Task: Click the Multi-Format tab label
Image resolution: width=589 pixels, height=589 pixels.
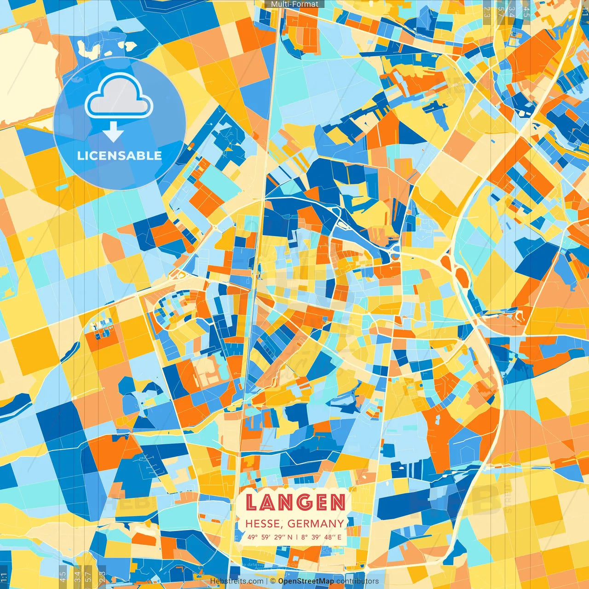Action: (x=294, y=4)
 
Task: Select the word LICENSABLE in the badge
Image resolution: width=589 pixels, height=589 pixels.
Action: (x=120, y=156)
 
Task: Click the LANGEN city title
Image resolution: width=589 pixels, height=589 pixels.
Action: (x=295, y=502)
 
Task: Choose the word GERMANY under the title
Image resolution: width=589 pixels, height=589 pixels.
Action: (x=316, y=524)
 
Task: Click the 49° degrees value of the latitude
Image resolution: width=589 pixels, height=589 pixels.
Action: (x=253, y=537)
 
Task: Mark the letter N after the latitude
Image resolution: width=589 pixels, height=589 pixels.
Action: (x=290, y=537)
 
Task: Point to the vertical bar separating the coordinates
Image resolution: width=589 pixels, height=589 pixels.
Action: (x=297, y=537)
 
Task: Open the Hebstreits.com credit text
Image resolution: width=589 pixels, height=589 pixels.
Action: (x=237, y=581)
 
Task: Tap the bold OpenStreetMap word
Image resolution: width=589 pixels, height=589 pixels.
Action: (x=306, y=581)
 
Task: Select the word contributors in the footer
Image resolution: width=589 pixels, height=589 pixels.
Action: (x=358, y=581)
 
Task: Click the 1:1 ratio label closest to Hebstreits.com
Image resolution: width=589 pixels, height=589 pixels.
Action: (x=4, y=578)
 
